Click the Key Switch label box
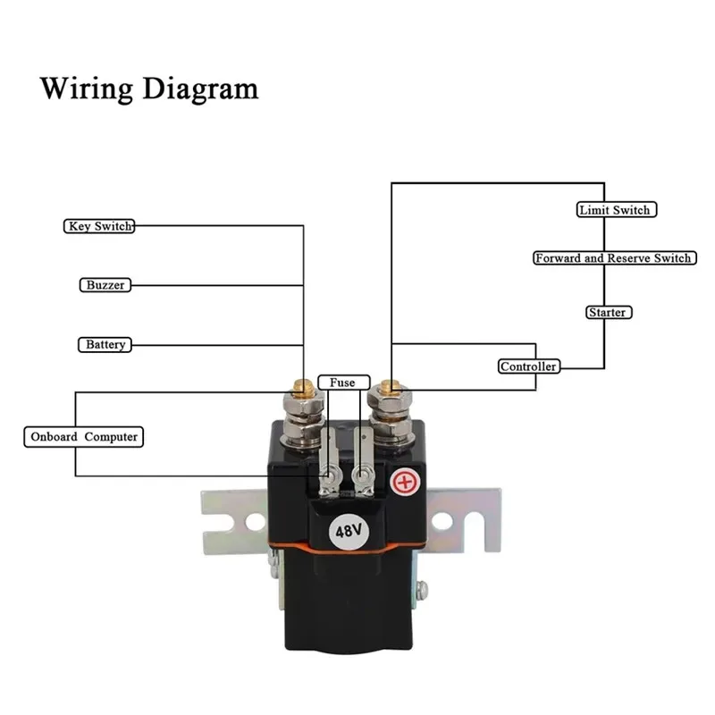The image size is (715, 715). point(99,226)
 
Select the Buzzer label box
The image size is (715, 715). point(105,285)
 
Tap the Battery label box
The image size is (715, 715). point(105,344)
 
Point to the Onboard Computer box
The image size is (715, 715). point(84,437)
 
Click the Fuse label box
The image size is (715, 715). point(343,383)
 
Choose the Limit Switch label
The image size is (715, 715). point(617,210)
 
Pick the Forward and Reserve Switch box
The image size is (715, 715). point(615,258)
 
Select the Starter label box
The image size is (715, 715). point(609,312)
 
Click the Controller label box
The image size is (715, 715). point(529,366)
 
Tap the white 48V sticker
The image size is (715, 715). point(349,531)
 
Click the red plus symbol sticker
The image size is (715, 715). point(405,482)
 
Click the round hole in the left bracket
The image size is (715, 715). point(255,522)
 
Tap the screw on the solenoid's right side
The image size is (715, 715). point(422,591)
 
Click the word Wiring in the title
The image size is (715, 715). point(87,88)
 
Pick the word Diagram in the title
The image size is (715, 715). point(200,88)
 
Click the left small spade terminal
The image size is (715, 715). point(329,461)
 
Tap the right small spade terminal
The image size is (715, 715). point(364,461)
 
